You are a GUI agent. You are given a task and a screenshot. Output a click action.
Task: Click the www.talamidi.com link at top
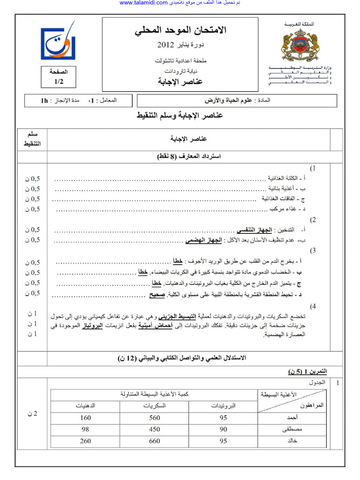coord(143,3)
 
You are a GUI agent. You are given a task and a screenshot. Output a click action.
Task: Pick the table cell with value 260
coord(85,441)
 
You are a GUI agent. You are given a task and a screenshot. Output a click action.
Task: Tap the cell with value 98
coord(85,429)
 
